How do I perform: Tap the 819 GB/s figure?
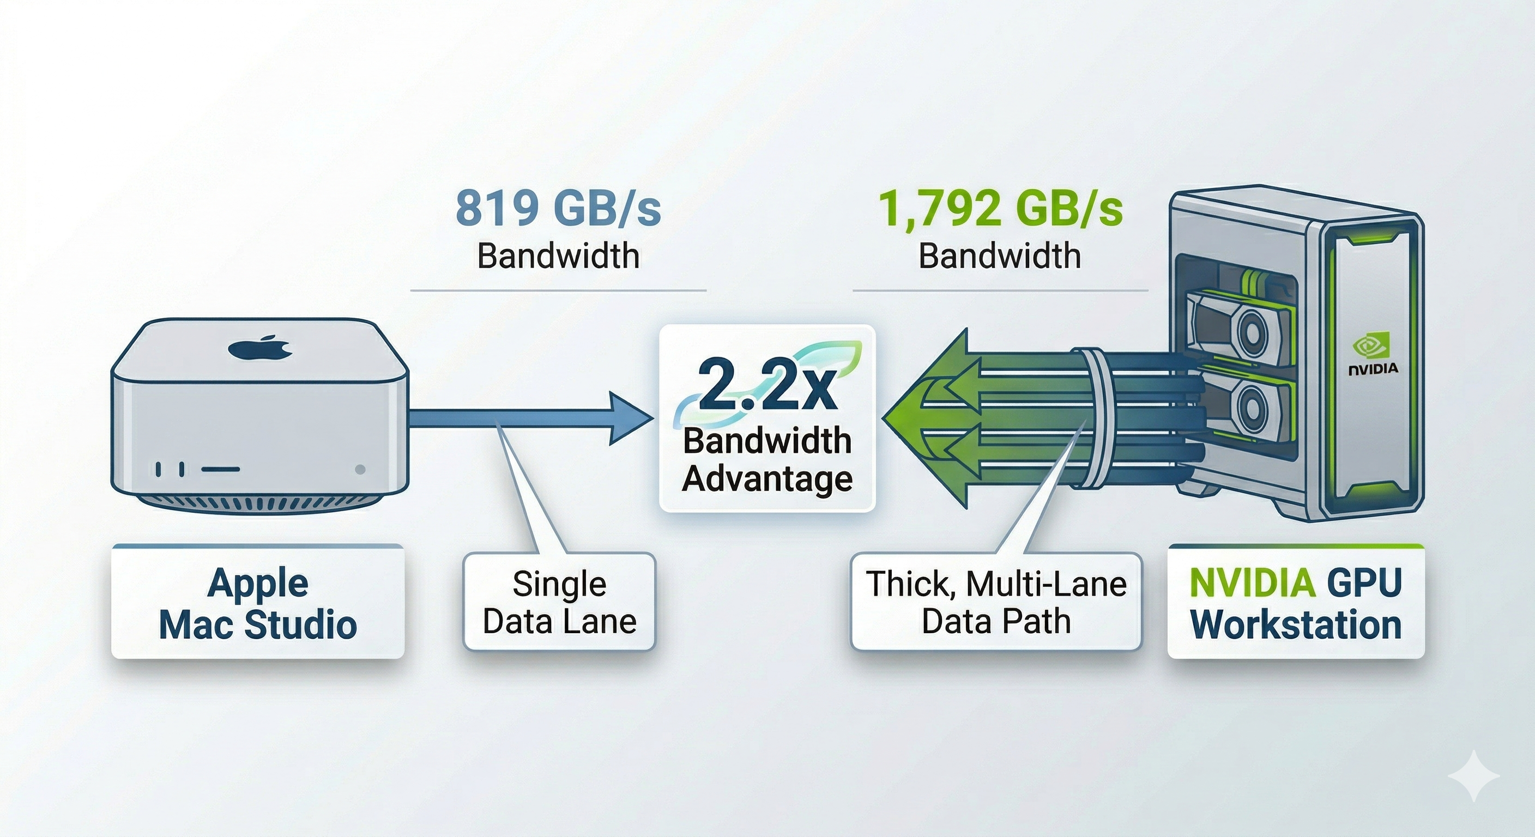[x=558, y=209]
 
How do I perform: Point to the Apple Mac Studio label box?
[x=258, y=603]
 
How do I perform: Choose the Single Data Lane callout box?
[x=559, y=602]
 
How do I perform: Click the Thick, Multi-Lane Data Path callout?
[x=996, y=602]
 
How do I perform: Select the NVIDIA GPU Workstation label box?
[x=1296, y=603]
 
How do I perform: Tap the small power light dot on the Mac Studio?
[x=360, y=469]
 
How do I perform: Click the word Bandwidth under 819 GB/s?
[x=558, y=256]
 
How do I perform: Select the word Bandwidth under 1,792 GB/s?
[x=1000, y=256]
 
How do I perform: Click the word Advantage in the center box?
[x=767, y=478]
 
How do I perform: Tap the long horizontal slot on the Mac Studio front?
[x=220, y=469]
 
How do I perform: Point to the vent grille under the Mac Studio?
[x=259, y=504]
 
